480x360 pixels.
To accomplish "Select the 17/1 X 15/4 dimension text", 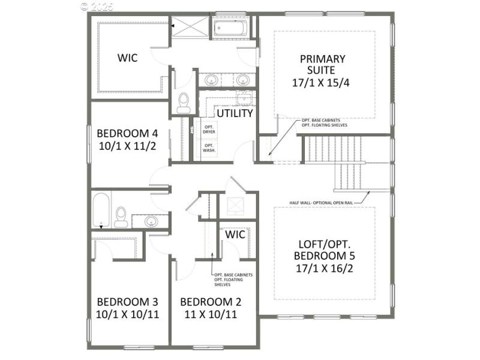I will tap(323, 82).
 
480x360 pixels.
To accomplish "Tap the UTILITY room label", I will tap(235, 113).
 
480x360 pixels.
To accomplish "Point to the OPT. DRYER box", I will tap(209, 130).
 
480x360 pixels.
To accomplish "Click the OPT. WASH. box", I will tap(209, 148).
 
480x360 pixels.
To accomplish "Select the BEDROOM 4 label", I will tap(127, 133).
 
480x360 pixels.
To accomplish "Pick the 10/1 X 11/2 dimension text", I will tap(127, 146).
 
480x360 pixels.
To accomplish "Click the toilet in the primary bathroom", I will tap(184, 103).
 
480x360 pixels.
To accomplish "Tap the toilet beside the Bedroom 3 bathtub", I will tap(122, 217).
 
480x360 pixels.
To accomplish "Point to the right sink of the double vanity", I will tap(242, 80).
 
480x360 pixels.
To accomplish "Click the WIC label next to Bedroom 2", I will tap(235, 235).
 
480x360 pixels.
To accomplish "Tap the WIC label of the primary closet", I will tap(127, 58).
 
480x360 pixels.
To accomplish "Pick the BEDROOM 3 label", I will tap(127, 301).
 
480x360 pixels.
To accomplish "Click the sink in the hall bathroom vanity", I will tap(151, 221).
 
